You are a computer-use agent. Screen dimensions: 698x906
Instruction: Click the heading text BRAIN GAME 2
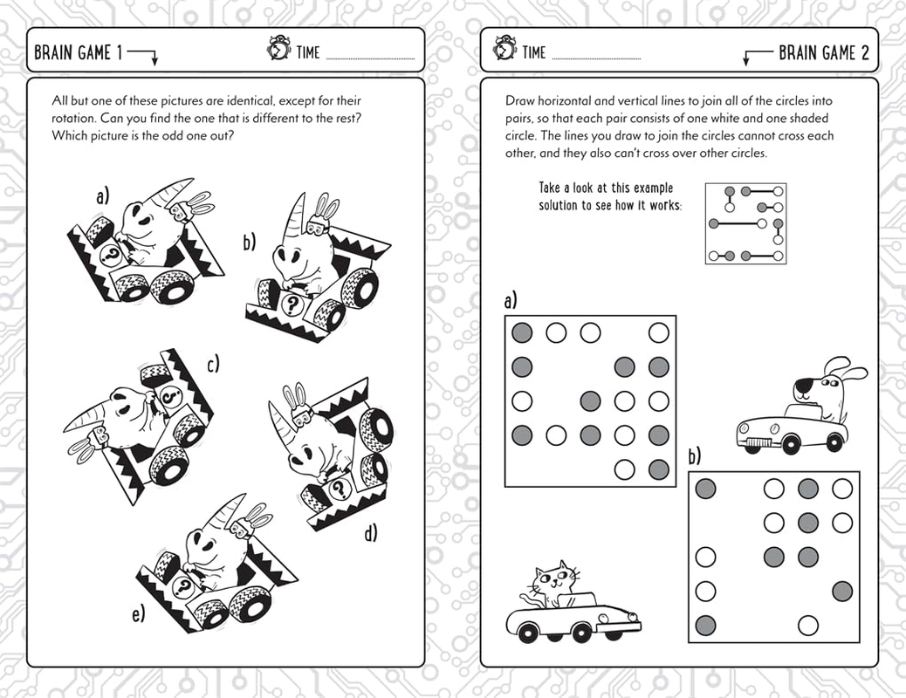point(823,53)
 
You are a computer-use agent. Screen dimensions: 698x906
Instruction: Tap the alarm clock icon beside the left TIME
point(278,51)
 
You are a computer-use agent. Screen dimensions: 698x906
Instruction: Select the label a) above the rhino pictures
point(103,197)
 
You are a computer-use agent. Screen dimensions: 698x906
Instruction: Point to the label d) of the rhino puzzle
point(371,532)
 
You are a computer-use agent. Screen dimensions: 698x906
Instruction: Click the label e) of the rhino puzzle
point(138,615)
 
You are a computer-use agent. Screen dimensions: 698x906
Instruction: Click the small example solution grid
point(745,223)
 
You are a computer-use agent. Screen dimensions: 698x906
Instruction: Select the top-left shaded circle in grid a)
point(522,332)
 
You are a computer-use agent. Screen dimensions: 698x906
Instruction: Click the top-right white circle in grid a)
point(659,332)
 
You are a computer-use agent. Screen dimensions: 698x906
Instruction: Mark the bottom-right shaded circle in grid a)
point(659,469)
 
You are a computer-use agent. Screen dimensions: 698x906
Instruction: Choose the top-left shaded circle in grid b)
point(705,489)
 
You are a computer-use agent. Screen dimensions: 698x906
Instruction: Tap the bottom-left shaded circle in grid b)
point(705,625)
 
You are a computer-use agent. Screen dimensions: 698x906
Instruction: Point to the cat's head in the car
point(556,580)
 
